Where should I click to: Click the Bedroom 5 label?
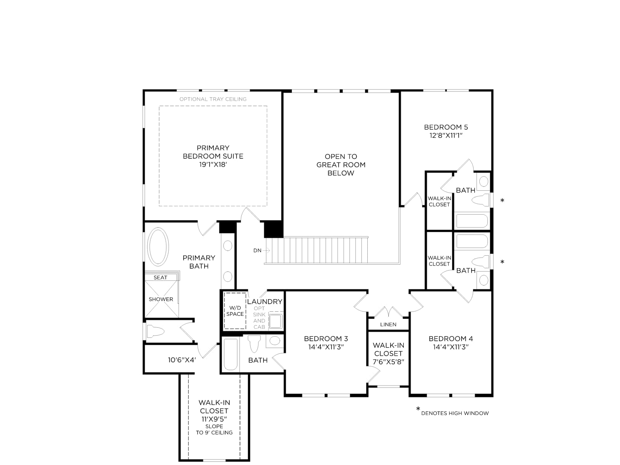(446, 127)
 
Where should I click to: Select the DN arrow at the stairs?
(266, 250)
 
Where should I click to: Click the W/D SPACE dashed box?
(235, 311)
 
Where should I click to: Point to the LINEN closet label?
(388, 324)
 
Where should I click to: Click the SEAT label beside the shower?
(160, 277)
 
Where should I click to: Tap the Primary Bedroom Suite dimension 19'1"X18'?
(213, 165)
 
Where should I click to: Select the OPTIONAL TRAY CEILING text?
(213, 99)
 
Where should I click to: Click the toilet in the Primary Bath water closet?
(155, 331)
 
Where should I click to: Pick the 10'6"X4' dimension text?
(182, 360)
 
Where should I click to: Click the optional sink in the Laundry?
(276, 321)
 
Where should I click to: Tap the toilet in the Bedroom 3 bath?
(254, 344)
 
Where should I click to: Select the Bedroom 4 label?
(451, 339)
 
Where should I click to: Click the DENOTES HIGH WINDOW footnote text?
(455, 413)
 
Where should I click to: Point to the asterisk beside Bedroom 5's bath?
(502, 200)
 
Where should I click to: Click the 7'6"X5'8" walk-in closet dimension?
(388, 362)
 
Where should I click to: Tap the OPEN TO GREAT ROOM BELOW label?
(341, 165)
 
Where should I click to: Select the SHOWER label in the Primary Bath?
(161, 299)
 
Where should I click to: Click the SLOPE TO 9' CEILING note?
(214, 429)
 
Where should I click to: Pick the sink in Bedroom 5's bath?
(484, 181)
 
